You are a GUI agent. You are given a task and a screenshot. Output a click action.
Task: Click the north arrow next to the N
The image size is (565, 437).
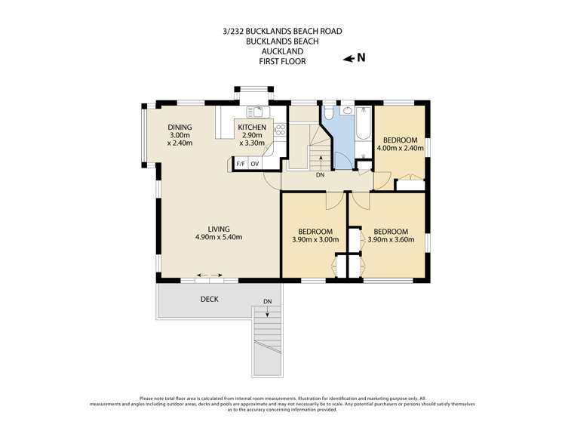tap(349, 59)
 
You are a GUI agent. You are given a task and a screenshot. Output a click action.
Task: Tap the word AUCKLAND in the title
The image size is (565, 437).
tap(282, 51)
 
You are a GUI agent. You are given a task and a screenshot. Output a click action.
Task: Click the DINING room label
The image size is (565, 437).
tap(180, 128)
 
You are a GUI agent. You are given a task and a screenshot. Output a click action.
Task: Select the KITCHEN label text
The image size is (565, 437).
tap(252, 128)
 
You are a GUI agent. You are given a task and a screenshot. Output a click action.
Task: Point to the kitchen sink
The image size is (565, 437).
tap(258, 112)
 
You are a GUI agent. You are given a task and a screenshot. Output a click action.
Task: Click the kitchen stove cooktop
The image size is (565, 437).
tap(280, 130)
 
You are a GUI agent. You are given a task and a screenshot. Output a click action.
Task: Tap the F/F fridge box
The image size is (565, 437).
tap(241, 164)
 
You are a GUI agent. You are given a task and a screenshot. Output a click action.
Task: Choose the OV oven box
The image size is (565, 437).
tap(255, 164)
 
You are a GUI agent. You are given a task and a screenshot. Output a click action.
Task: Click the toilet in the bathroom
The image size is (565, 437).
tap(328, 112)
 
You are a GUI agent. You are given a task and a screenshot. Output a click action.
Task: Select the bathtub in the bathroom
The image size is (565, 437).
tap(364, 123)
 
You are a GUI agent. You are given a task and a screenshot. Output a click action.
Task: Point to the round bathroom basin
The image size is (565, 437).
tap(348, 110)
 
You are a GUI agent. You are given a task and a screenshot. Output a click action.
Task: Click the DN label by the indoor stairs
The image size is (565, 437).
tap(320, 175)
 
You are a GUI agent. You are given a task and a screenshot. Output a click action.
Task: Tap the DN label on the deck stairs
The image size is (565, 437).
tap(267, 301)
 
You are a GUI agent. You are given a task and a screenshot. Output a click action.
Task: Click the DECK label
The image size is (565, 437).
tap(210, 300)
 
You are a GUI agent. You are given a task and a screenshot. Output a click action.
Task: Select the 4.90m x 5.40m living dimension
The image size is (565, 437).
tap(219, 237)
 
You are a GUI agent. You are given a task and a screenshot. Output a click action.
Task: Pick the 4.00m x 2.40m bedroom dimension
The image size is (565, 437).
tap(400, 147)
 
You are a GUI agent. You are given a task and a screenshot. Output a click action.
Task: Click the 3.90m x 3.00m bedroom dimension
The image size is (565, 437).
tap(315, 239)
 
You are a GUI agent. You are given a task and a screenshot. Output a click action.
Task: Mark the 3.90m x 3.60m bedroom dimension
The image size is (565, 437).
tap(391, 239)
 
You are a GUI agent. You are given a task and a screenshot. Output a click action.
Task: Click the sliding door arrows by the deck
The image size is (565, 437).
tap(210, 275)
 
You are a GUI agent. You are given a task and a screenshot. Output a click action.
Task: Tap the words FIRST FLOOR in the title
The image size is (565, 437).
tap(282, 61)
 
